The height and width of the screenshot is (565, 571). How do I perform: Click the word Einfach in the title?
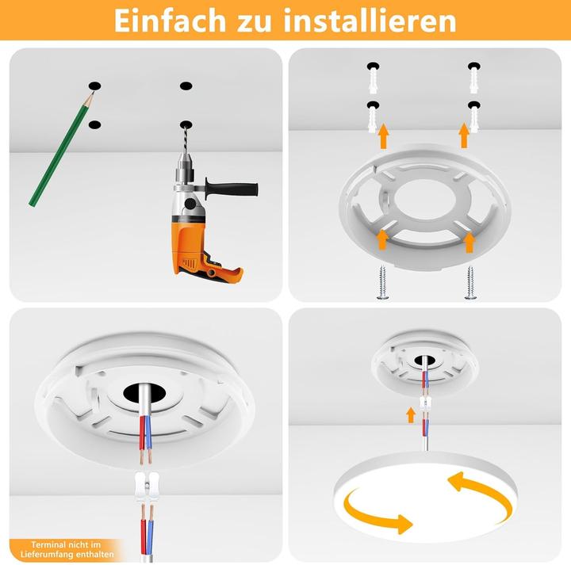point(171,20)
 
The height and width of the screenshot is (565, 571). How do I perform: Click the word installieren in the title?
point(370,20)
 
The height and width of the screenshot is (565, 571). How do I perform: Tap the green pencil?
point(61,149)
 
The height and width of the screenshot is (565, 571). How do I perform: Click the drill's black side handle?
point(232,188)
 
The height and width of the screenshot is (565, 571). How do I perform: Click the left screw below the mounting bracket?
point(382,283)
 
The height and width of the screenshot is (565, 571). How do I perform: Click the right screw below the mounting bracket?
point(470,283)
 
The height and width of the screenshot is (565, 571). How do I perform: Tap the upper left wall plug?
point(374,80)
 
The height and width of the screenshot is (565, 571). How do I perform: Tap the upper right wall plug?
point(473,79)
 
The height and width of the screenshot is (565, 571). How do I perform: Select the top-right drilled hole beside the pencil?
point(186,86)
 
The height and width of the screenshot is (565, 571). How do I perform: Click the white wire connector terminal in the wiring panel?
point(147,487)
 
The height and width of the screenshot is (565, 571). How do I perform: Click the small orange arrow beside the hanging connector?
point(411,415)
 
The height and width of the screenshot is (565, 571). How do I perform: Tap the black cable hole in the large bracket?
point(144,393)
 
